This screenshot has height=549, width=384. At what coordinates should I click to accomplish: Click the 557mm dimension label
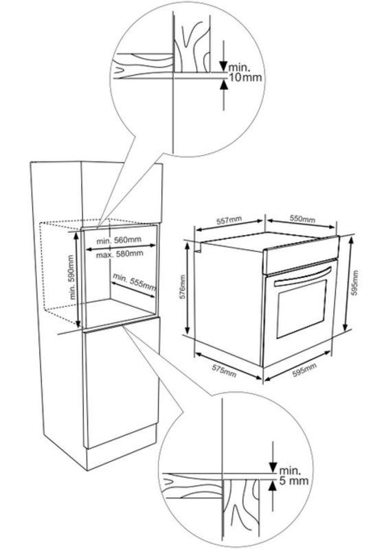(x=229, y=220)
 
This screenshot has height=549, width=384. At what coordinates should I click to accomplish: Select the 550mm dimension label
(x=302, y=218)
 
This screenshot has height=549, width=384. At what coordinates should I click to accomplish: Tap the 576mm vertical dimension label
(x=182, y=287)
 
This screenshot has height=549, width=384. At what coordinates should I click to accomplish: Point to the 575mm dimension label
(x=224, y=371)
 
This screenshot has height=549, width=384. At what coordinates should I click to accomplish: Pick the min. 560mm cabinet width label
(x=119, y=240)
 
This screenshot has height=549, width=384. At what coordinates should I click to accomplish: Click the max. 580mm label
(x=120, y=253)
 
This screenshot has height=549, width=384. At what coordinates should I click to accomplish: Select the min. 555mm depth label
(x=134, y=282)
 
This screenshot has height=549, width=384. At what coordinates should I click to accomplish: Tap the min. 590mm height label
(x=73, y=277)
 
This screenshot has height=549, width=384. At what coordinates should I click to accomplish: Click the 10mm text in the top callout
(x=245, y=78)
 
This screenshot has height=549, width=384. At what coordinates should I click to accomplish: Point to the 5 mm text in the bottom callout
(x=293, y=480)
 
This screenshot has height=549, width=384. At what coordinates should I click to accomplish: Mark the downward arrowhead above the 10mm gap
(x=223, y=66)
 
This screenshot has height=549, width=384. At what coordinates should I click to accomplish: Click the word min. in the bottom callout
(x=290, y=470)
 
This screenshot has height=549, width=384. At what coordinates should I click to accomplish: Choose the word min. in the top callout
(x=239, y=67)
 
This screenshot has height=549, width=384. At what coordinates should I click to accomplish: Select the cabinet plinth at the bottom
(x=121, y=447)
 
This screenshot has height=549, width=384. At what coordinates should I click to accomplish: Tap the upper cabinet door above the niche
(x=122, y=194)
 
